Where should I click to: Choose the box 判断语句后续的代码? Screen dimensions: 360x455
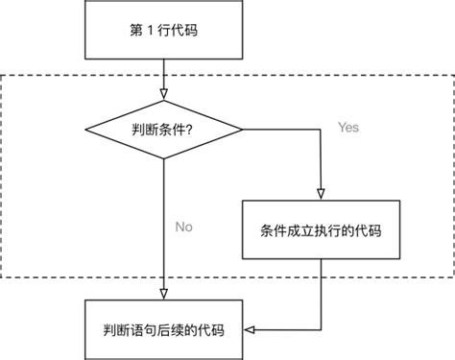(x=164, y=329)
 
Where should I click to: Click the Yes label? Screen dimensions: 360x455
(x=347, y=127)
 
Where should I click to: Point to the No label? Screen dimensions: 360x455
(x=184, y=228)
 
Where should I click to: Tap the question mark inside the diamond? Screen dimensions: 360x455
(x=197, y=128)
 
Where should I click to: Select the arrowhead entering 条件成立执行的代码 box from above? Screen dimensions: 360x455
(x=318, y=194)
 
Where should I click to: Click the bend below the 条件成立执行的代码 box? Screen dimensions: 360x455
(x=318, y=329)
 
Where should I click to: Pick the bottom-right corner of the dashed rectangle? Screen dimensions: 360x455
(x=450, y=277)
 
